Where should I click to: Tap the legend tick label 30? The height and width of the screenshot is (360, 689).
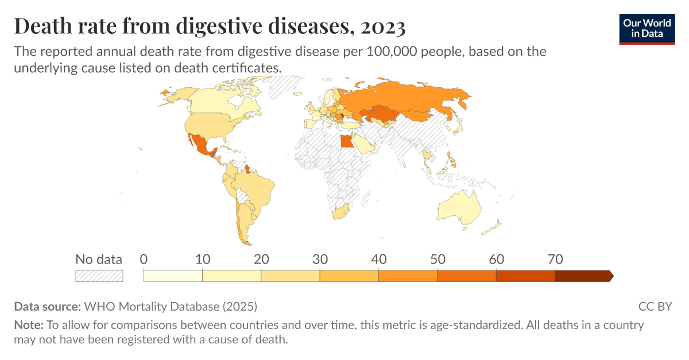pyautogui.click(x=320, y=259)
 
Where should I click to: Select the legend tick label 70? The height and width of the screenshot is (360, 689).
pyautogui.click(x=556, y=259)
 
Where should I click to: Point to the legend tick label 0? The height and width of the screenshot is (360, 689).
pyautogui.click(x=144, y=259)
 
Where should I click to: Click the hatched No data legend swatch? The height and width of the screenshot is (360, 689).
pyautogui.click(x=99, y=276)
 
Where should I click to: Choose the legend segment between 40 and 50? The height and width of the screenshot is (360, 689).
pyautogui.click(x=408, y=276)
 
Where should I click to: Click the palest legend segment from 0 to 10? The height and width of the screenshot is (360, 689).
pyautogui.click(x=173, y=276)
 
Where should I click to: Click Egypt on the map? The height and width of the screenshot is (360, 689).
pyautogui.click(x=347, y=141)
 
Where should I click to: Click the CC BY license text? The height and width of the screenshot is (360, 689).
pyautogui.click(x=655, y=306)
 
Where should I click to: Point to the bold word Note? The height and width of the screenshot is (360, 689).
pyautogui.click(x=28, y=325)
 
